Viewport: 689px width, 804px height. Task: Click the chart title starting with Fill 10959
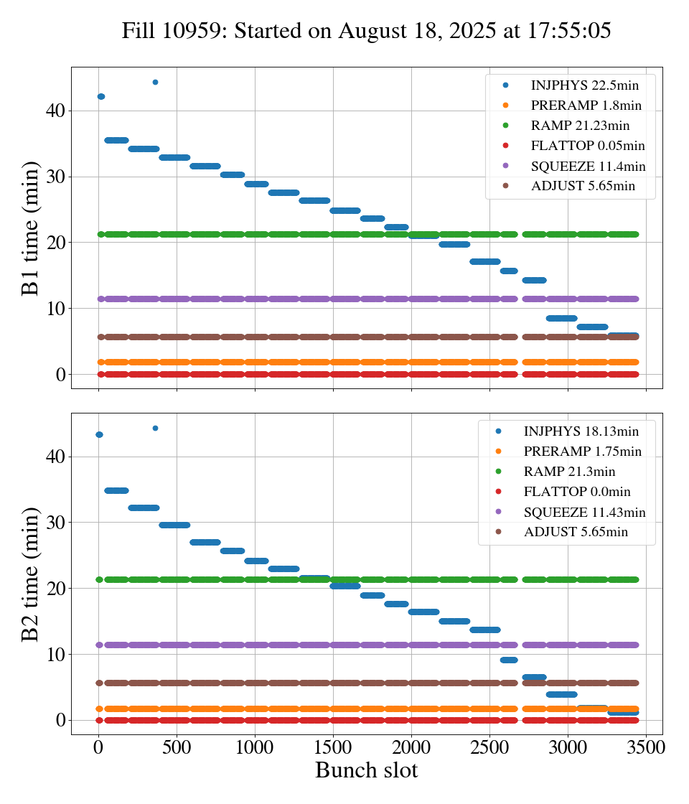click(x=366, y=31)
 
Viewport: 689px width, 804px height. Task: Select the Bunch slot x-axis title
click(x=366, y=770)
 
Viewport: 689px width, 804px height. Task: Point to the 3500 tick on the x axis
click(x=646, y=747)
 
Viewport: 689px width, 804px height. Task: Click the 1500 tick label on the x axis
click(x=333, y=747)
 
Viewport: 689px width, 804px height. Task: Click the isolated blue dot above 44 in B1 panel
click(x=155, y=82)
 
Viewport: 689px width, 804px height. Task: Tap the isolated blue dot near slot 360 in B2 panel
click(x=155, y=428)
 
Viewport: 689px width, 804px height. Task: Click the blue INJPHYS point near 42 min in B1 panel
click(x=101, y=96)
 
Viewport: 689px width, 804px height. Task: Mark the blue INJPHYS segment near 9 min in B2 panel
click(x=509, y=660)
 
